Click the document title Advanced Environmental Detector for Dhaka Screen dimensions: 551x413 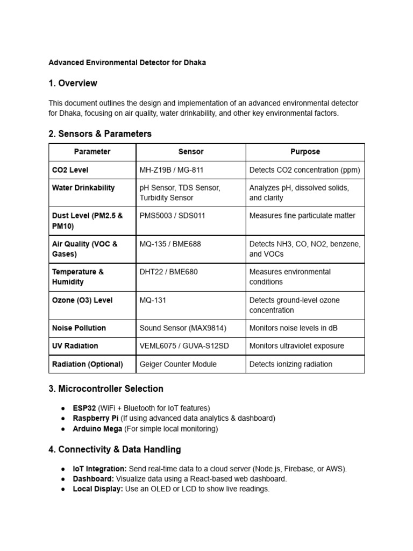point(127,62)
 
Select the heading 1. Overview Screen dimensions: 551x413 point(73,83)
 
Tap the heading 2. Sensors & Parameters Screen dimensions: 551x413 point(100,134)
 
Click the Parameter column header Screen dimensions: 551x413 point(92,152)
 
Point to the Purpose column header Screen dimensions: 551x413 point(305,152)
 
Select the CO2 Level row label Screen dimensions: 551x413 point(70,170)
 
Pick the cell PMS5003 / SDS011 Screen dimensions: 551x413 point(172,216)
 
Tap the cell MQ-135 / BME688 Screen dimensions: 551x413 point(170,244)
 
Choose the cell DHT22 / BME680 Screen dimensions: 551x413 point(168,272)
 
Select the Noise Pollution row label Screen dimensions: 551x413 point(79,328)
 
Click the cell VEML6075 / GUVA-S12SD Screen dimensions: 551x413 point(184,346)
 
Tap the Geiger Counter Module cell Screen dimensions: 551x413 point(178,364)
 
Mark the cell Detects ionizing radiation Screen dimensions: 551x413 point(291,364)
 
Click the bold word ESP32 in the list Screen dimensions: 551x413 point(84,408)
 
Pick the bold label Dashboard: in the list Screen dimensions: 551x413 point(92,479)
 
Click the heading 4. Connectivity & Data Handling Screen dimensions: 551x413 point(115,449)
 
